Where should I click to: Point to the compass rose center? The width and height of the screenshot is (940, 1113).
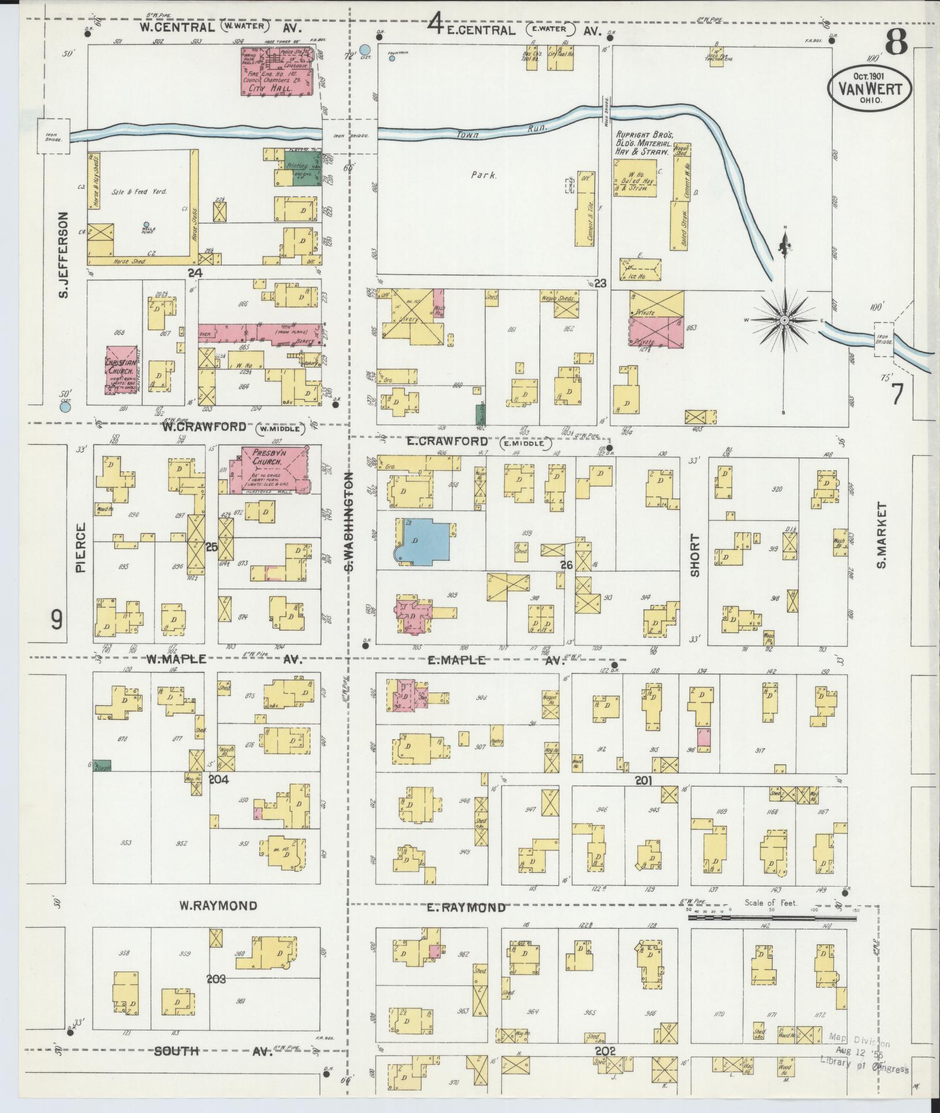[785, 319]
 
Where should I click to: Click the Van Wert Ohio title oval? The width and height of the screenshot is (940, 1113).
[870, 87]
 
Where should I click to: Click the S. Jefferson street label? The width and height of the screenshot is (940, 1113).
[64, 255]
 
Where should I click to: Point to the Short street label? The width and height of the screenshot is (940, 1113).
[694, 556]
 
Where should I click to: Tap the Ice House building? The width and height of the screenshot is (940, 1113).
[639, 268]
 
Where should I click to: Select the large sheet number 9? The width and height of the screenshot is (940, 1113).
[56, 620]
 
